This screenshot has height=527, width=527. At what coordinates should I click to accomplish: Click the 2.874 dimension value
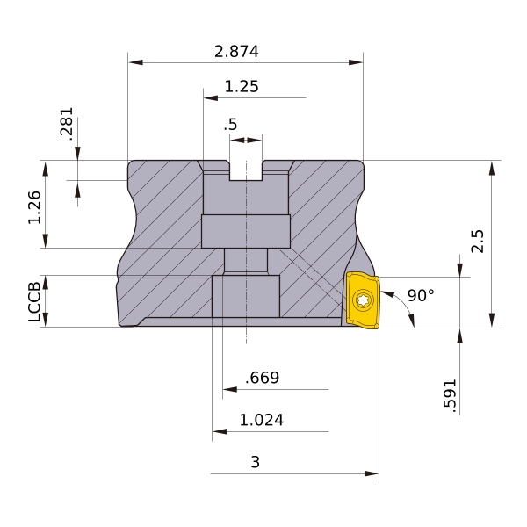(236, 52)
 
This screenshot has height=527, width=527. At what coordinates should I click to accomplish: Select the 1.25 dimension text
(242, 86)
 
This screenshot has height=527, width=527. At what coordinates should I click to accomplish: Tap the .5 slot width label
(230, 125)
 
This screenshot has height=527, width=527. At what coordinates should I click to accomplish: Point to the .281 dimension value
(67, 123)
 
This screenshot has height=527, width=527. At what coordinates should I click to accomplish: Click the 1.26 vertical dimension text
(34, 207)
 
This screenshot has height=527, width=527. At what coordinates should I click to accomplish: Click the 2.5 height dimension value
(477, 242)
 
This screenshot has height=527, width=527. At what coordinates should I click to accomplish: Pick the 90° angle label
(421, 295)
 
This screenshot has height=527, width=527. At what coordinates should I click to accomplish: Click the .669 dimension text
(262, 378)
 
